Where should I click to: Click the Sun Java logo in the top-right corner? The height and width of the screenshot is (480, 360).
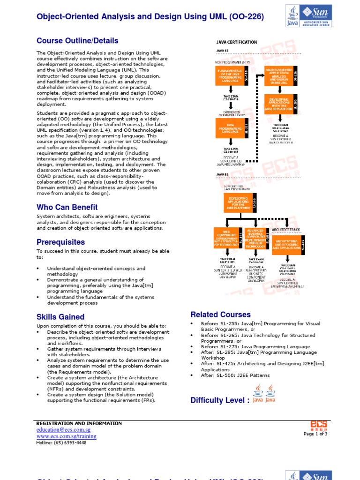(x=308, y=16)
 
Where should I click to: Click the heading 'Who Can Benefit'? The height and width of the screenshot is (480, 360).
(x=67, y=207)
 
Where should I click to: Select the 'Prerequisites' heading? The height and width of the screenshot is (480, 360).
(x=61, y=242)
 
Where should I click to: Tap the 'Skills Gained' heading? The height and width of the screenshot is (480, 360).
(x=60, y=317)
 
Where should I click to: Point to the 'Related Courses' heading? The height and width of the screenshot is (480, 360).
(x=220, y=315)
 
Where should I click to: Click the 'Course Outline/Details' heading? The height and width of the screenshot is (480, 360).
(x=77, y=41)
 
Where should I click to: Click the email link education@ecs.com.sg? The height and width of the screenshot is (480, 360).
(x=63, y=430)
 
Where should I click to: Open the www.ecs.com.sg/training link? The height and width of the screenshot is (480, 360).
(x=67, y=436)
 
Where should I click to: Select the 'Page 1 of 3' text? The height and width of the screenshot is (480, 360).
(x=315, y=434)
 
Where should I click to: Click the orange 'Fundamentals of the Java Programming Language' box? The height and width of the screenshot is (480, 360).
(x=232, y=75)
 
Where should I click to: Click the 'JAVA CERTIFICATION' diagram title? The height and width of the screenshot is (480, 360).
(x=236, y=42)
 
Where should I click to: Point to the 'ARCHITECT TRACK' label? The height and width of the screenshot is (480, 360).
(x=286, y=230)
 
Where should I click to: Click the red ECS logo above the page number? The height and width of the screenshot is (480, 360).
(x=319, y=425)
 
